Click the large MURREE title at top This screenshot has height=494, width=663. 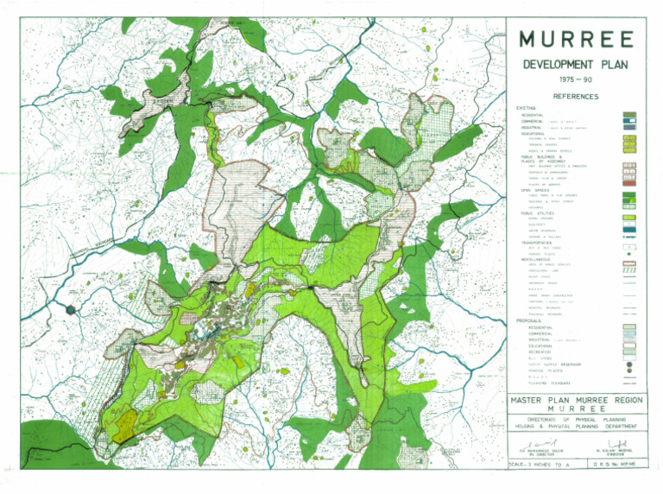578,40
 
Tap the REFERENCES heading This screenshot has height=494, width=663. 577,97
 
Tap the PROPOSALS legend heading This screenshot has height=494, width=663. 529,321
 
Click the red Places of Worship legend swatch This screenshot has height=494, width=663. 629,182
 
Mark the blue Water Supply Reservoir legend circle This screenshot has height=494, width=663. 629,364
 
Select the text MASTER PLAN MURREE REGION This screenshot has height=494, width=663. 576,400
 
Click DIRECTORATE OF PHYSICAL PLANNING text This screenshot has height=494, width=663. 576,419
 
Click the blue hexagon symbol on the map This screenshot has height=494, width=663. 73,307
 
